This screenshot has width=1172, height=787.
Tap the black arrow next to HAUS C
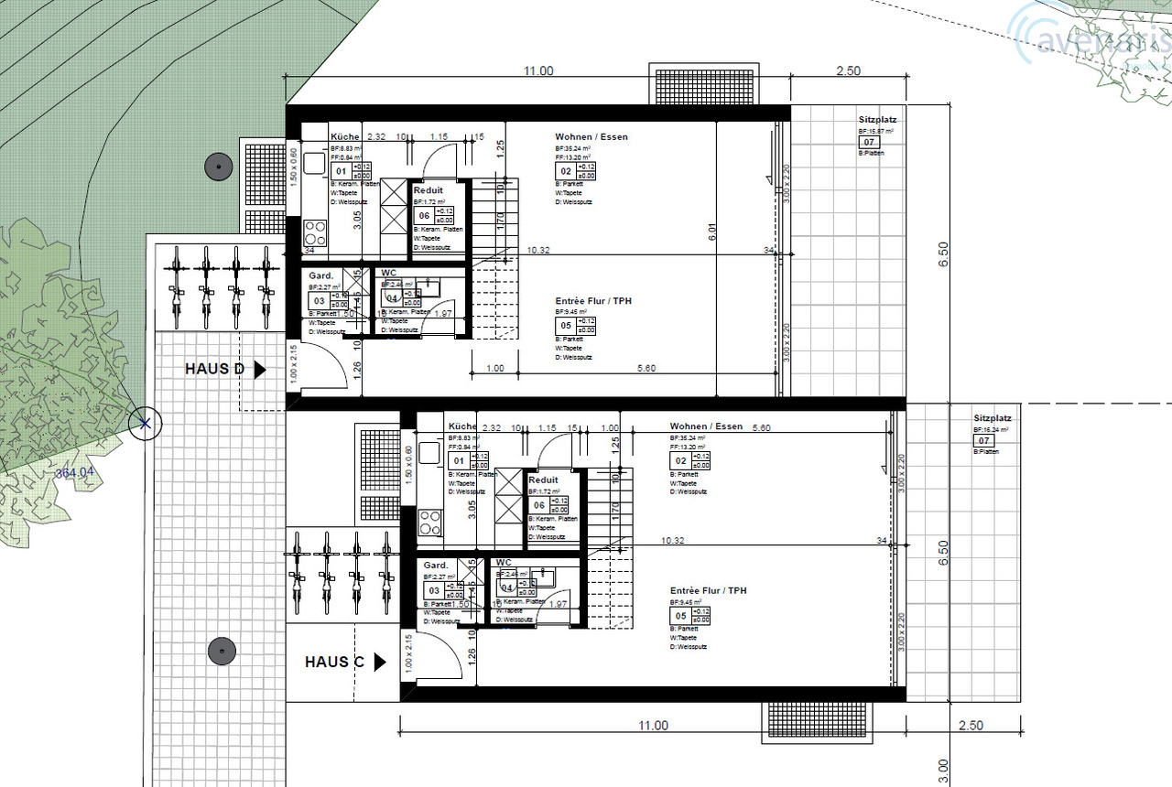[381, 662]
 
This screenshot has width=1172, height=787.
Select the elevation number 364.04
[75, 473]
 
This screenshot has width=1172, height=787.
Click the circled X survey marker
[144, 423]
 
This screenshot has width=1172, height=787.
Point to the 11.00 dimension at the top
[538, 71]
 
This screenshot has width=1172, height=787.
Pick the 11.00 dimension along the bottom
[653, 726]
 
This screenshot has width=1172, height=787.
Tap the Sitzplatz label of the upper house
[876, 120]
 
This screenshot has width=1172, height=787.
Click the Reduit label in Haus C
[543, 480]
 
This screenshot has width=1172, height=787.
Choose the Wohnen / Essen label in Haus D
[591, 137]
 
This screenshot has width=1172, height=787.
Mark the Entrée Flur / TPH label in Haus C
[708, 591]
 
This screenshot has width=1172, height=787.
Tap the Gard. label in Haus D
[320, 275]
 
